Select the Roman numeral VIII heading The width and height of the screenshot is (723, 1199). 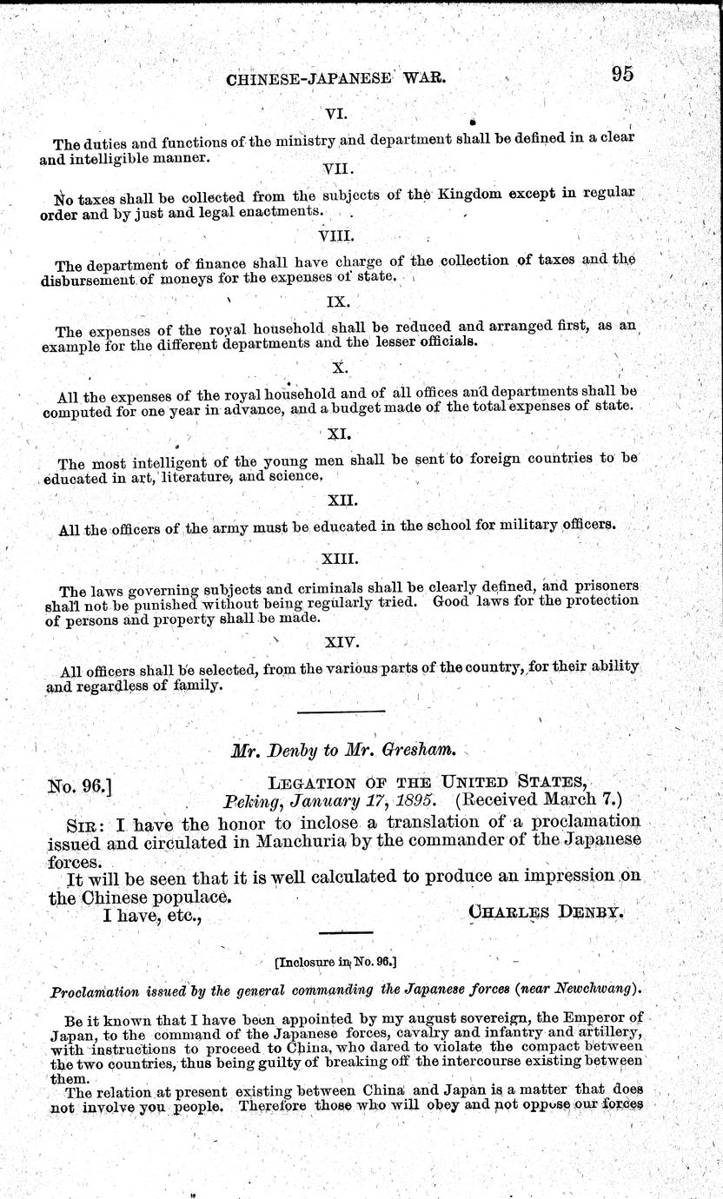coord(337,235)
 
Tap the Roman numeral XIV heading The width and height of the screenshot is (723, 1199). coord(339,644)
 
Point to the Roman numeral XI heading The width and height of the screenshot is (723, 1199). coord(339,433)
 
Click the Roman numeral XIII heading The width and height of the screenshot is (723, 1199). coord(339,560)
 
